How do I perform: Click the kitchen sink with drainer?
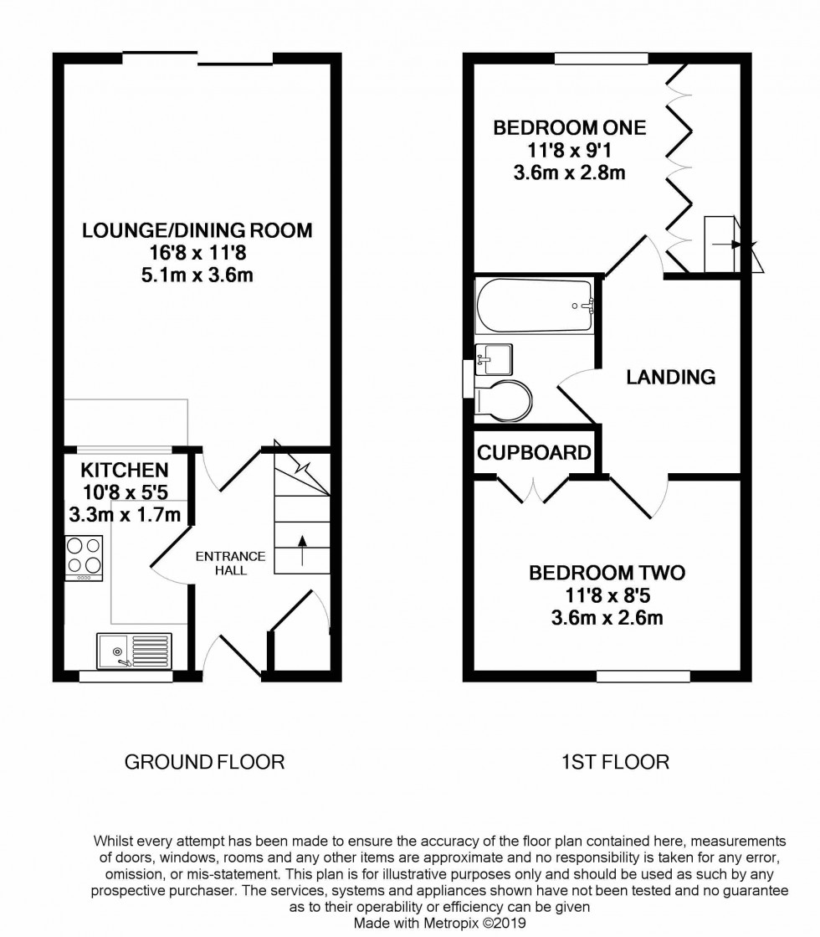coord(134,651)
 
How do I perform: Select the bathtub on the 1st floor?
coord(536,306)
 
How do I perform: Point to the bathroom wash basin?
coord(493,359)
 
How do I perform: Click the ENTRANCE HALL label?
coord(230,564)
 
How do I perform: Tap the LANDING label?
coord(671,378)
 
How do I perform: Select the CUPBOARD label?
coord(534,453)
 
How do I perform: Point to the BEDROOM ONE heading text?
coord(569,128)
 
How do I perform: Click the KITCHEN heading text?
coord(125,471)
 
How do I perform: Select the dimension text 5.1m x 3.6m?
coord(197,275)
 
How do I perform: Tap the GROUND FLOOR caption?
coord(204,762)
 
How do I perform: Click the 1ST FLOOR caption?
coord(616,762)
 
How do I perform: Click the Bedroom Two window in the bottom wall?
coord(643,676)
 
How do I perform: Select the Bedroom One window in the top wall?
coord(601,59)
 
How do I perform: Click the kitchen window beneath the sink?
coord(126,677)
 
